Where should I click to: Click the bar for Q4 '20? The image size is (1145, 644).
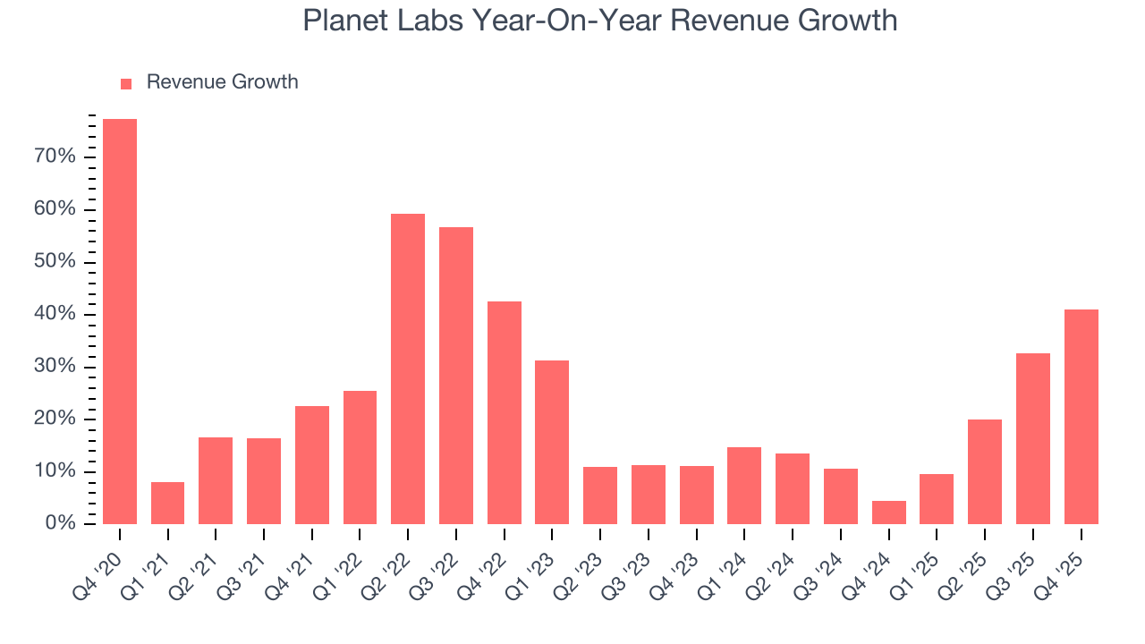click(120, 321)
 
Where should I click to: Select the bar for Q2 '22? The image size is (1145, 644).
click(408, 369)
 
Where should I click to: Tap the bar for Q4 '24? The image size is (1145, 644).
click(888, 513)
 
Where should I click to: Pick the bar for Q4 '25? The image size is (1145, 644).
click(1081, 417)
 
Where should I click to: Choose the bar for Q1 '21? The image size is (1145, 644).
click(167, 503)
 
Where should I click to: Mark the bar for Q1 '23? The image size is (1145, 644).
click(552, 442)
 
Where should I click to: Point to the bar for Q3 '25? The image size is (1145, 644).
click(1033, 438)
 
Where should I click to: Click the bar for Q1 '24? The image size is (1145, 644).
click(744, 486)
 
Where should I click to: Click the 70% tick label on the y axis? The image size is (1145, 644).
click(54, 157)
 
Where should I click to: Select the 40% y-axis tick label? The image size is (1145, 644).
click(54, 315)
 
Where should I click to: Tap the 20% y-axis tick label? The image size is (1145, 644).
click(54, 419)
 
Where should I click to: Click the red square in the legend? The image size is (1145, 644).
click(126, 83)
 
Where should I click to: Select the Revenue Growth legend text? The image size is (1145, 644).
click(222, 82)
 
